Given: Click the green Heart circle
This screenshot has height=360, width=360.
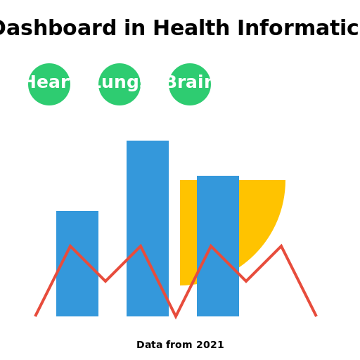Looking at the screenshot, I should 49,84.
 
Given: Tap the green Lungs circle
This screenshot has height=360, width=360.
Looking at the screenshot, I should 120,84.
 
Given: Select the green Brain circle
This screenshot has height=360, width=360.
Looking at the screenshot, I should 190,84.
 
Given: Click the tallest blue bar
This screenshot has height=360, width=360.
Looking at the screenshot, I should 148,197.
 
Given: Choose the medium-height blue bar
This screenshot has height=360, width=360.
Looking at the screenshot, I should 218,211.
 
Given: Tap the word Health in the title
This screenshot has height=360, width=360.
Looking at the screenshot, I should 191,29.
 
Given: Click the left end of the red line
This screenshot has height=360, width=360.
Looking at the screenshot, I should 36,316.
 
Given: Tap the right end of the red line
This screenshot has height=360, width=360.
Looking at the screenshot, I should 316,316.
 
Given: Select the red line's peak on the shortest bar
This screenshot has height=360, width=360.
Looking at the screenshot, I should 70,247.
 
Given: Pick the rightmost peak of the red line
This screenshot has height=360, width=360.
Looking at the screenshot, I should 281,247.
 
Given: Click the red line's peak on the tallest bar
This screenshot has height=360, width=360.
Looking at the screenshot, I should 141,247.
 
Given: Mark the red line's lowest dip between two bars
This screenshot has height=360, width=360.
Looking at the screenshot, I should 176,316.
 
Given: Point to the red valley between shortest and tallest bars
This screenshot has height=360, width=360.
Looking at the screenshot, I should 105,281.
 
